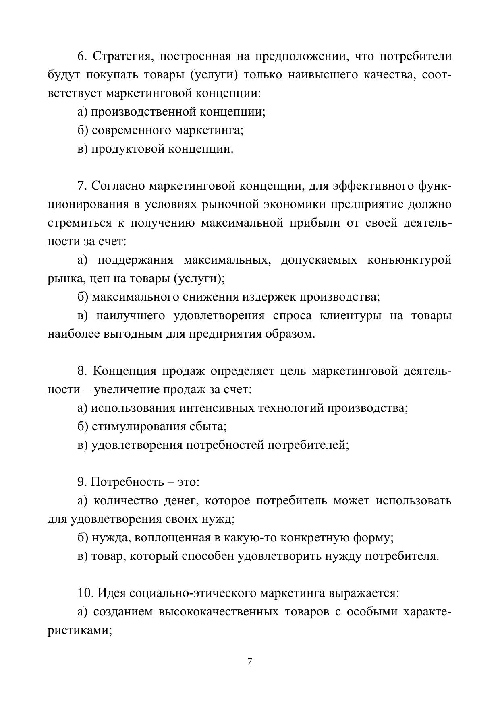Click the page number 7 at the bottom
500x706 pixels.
coord(250,661)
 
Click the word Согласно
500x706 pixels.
coord(118,186)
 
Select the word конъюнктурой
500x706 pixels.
coord(409,260)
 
